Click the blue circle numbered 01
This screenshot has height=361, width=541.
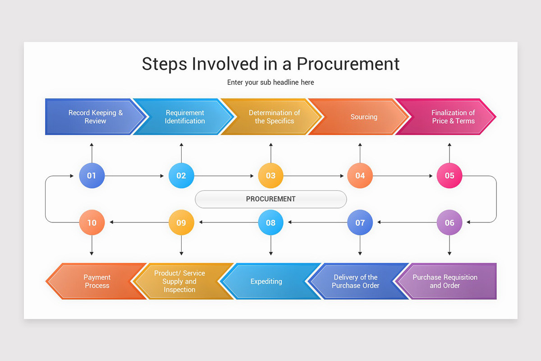coord(92,176)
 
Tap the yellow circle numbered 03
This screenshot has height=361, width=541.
coord(270,176)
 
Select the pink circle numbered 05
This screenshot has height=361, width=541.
coord(449,176)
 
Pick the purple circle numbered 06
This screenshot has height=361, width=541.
coord(449,222)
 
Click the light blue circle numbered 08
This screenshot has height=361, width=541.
coord(270,222)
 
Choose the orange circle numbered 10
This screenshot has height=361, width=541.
coord(92,222)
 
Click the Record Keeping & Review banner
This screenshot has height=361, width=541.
coord(95,117)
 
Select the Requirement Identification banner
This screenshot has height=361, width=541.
coord(184,117)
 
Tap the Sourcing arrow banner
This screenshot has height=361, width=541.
coord(363,117)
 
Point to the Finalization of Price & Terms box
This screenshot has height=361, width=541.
coord(453,117)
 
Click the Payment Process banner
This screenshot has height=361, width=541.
coord(97,281)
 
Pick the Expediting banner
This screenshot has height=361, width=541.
coord(266,281)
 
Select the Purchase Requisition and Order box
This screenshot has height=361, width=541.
coord(445,281)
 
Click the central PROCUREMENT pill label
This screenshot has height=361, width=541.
coord(270,199)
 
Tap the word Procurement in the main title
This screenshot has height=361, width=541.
coord(348,64)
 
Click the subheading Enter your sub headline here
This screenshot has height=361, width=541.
coord(270,82)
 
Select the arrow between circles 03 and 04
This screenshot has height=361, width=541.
coord(315,176)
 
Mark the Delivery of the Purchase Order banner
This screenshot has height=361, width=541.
coord(355,281)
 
